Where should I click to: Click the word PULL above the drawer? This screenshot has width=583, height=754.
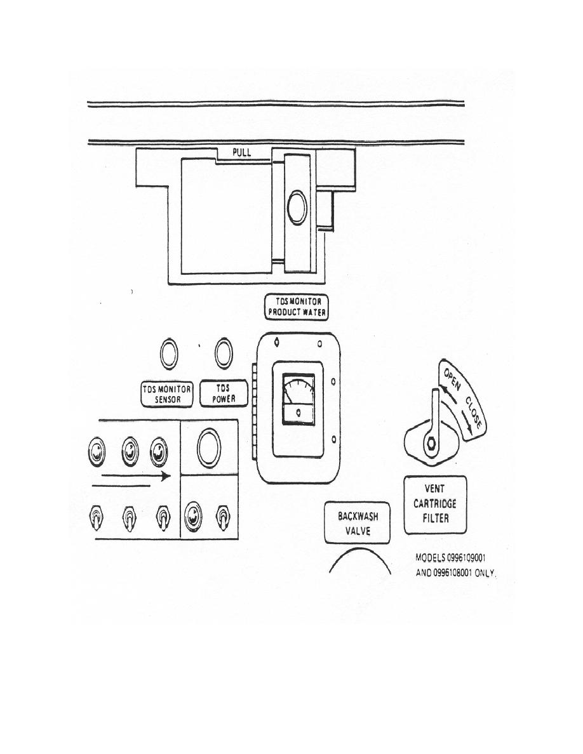pos(242,153)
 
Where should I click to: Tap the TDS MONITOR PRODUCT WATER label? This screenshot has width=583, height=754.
pos(297,307)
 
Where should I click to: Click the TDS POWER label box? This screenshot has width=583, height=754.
pos(224,394)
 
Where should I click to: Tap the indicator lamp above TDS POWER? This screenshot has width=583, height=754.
pos(223,354)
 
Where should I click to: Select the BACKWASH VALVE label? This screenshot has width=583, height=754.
pos(358,523)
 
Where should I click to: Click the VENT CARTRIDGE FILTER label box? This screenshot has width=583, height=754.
pos(435,505)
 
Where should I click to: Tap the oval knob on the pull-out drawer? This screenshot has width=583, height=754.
pos(297,208)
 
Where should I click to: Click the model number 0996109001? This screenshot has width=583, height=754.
pos(466,558)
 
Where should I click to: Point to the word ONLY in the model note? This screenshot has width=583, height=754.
pos(485,573)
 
